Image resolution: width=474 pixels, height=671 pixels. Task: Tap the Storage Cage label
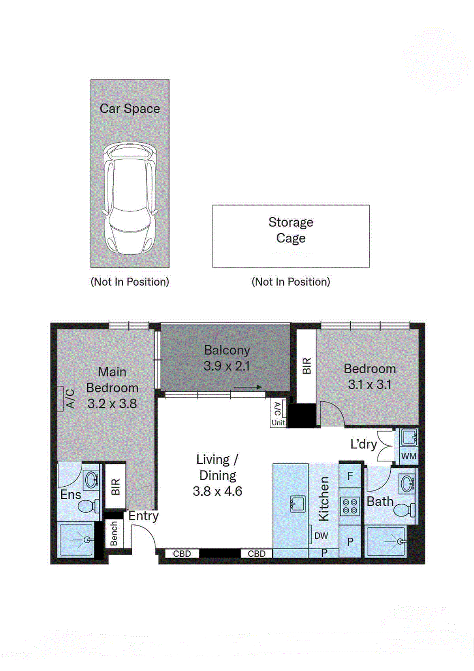click(x=291, y=230)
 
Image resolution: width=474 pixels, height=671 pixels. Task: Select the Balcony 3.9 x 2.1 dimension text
click(x=227, y=366)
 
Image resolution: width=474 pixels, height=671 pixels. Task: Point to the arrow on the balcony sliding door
click(x=248, y=387)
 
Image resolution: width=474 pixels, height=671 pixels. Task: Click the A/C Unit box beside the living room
click(x=278, y=414)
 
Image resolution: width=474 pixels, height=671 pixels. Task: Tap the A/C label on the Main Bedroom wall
click(x=70, y=399)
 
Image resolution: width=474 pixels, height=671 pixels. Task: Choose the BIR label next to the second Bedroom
click(x=307, y=366)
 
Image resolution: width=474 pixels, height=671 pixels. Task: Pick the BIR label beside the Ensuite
click(x=115, y=487)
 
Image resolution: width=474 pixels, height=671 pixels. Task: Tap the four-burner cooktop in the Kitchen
click(x=350, y=507)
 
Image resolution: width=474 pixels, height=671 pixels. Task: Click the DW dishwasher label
click(x=321, y=536)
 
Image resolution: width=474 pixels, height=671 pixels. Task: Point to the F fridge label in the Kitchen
click(x=350, y=476)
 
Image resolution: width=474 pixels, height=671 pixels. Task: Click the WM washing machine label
click(x=408, y=456)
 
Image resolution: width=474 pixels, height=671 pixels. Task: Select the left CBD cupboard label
click(x=182, y=554)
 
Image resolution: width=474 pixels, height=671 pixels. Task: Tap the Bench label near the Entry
click(x=114, y=533)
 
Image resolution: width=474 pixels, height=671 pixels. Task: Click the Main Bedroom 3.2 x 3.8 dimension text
click(x=112, y=404)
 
